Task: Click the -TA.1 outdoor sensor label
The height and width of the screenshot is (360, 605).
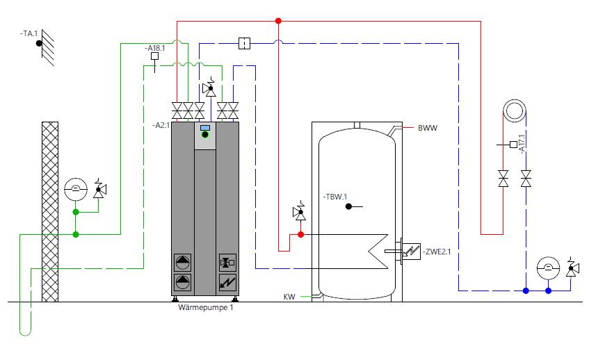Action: point(29,33)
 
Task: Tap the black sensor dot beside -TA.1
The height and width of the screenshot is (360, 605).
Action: point(39,44)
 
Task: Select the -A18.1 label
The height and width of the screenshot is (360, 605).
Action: point(154,48)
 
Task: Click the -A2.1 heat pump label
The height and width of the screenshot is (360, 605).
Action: point(161,125)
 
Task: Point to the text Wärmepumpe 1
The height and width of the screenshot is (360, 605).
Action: point(206,308)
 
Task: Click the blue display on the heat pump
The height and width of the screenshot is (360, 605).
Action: point(205,128)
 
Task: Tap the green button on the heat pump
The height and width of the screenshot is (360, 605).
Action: point(205,135)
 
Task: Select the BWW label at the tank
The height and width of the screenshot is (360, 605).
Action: point(428,128)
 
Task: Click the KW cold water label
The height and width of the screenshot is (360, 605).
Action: point(289,297)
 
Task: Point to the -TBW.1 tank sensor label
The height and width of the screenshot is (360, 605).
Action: point(335,197)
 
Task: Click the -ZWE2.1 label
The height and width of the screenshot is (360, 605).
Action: point(437,252)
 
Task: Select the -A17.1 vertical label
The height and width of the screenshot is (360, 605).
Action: point(522,144)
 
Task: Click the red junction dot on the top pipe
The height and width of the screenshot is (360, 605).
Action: point(278,21)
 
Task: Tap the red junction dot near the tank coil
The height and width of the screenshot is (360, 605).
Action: point(301,234)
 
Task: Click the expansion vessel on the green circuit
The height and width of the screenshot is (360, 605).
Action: point(76,189)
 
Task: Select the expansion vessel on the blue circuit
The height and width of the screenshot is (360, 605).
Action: point(548,268)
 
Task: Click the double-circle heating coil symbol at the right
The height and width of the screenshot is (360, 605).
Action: point(515,111)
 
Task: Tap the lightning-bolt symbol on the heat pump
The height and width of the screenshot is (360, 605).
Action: point(227,283)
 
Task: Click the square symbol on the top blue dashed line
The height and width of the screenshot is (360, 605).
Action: point(244,43)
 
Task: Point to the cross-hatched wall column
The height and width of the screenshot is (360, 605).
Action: point(50,211)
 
